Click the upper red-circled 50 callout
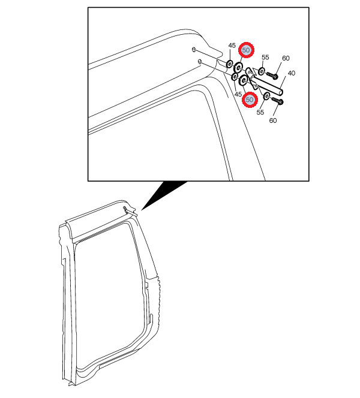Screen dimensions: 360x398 246,50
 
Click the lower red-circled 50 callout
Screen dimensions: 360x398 250,99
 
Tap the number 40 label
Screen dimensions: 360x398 291,73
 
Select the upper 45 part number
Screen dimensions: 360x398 232,46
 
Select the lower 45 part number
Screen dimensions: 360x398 238,94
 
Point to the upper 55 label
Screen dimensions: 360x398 265,57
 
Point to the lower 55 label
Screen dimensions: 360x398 260,112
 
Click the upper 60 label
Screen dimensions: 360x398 286,58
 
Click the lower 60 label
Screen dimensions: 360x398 272,120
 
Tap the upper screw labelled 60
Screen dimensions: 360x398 272,75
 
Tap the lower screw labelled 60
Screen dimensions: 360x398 277,101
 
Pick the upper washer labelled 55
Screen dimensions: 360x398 262,71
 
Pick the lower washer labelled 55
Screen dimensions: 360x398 267,96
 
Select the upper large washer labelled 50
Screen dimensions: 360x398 238,67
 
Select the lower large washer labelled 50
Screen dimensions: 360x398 244,80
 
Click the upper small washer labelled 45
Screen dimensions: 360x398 229,64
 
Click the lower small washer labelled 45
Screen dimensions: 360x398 235,76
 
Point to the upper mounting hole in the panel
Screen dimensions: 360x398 194,49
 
